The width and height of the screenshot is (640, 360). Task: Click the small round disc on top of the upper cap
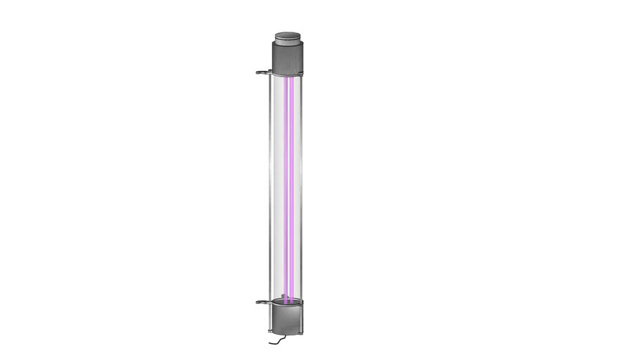(x=287, y=36)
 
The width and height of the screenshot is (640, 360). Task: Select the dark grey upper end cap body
(x=287, y=56)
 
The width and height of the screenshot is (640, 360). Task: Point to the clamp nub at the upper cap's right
(x=302, y=72)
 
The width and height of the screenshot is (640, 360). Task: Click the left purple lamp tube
(x=285, y=183)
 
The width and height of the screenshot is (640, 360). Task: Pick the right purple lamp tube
(x=291, y=183)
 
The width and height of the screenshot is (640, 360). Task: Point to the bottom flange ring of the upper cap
(x=287, y=73)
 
